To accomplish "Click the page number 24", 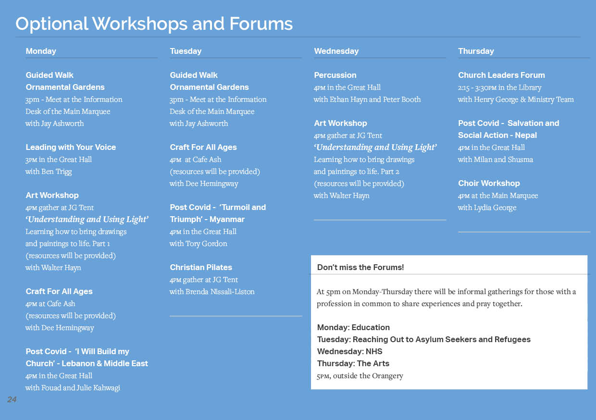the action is pyautogui.click(x=12, y=399).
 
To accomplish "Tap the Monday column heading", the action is pyautogui.click(x=41, y=51).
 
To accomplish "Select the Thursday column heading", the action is pyautogui.click(x=476, y=51).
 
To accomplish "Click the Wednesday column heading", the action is pyautogui.click(x=336, y=51).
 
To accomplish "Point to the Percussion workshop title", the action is pyautogui.click(x=335, y=75).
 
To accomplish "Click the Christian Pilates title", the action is pyautogui.click(x=201, y=267).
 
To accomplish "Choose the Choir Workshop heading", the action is pyautogui.click(x=489, y=183).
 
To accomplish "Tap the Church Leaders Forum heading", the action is pyautogui.click(x=501, y=75).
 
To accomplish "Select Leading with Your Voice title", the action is pyautogui.click(x=71, y=147).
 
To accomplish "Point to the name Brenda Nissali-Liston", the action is pyautogui.click(x=220, y=292).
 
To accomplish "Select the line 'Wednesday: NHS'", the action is pyautogui.click(x=349, y=351).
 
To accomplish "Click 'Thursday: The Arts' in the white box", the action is pyautogui.click(x=353, y=363).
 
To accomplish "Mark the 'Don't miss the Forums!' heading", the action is pyautogui.click(x=360, y=267).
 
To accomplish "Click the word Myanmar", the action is pyautogui.click(x=227, y=220).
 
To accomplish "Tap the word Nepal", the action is pyautogui.click(x=526, y=136).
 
